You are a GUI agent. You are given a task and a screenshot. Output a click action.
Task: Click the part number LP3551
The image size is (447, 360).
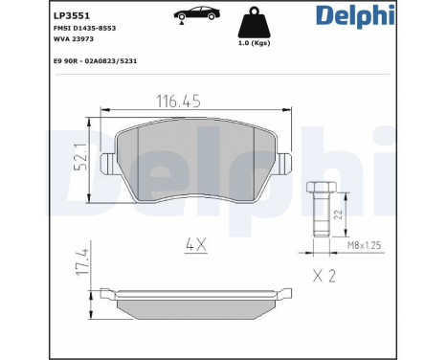tap(72, 15)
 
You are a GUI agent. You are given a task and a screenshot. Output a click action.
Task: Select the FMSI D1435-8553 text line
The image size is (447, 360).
tap(84, 28)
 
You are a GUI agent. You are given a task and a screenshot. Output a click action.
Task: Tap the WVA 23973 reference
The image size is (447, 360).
tap(74, 39)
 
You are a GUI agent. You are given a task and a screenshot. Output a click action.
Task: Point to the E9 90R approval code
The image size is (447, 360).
tap(95, 61)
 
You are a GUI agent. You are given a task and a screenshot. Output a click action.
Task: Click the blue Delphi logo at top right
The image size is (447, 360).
tap(355, 15)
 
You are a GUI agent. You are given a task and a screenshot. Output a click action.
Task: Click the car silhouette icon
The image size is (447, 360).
tap(196, 12)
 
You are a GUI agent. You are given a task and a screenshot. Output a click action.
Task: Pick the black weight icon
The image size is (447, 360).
tap(254, 22)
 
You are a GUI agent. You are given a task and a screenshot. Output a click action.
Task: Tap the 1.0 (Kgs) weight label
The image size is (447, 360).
tap(254, 43)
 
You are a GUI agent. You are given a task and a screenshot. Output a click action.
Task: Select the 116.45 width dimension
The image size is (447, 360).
tap(178, 101)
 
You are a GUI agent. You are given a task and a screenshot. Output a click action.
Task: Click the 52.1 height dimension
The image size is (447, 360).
tap(80, 157)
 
